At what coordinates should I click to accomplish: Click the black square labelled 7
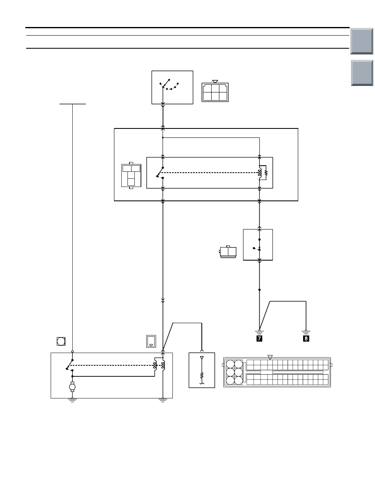tap(259, 338)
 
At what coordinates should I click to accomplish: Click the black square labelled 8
tap(306, 338)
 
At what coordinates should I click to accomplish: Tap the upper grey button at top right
tap(362, 41)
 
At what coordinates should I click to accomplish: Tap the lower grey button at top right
tap(362, 73)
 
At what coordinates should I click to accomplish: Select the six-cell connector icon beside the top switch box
tap(215, 91)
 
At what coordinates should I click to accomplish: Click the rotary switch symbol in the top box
tap(169, 85)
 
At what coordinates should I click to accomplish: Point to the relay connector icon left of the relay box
tap(131, 175)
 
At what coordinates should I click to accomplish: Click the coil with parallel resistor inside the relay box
tap(263, 173)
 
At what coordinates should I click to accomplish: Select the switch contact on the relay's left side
tap(160, 173)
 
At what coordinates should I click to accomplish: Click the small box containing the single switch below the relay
tap(258, 245)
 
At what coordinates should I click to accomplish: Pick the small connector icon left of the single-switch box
tap(228, 252)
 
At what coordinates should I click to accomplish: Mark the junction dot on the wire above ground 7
tap(259, 290)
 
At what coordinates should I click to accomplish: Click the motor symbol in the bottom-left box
tap(72, 387)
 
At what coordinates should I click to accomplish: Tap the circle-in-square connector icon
tap(61, 341)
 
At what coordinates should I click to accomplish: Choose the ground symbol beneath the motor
tap(72, 400)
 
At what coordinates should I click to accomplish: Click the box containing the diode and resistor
tap(202, 370)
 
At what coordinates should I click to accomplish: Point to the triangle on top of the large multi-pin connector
tap(270, 358)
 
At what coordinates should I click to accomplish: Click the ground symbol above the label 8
tap(306, 332)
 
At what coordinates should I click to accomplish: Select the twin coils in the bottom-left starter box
tap(159, 365)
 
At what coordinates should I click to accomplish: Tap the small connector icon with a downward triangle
tap(151, 341)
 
